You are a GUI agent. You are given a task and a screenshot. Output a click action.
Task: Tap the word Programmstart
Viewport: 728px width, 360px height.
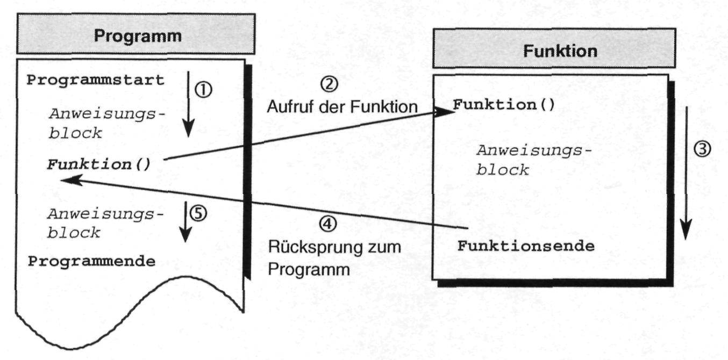click(96, 81)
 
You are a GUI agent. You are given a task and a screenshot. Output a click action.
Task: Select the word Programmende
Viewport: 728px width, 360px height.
click(92, 262)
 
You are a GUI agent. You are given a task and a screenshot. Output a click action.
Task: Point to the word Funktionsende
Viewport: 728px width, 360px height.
click(526, 247)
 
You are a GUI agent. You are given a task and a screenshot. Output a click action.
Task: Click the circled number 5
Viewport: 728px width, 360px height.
click(198, 213)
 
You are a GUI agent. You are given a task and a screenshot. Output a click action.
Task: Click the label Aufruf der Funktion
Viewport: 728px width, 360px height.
click(342, 106)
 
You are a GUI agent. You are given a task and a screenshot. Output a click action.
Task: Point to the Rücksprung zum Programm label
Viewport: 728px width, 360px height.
click(334, 258)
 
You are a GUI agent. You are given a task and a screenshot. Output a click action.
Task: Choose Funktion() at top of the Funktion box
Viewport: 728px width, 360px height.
click(504, 104)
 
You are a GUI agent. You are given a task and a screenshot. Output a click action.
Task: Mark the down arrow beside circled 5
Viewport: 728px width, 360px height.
click(185, 221)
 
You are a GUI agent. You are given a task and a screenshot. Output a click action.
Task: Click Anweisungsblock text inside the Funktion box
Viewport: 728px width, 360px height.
click(530, 160)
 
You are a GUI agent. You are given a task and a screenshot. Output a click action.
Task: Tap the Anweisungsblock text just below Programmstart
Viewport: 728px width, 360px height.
click(105, 123)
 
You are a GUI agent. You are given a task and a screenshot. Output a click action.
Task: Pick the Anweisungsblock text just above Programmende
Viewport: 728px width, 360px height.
click(104, 223)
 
